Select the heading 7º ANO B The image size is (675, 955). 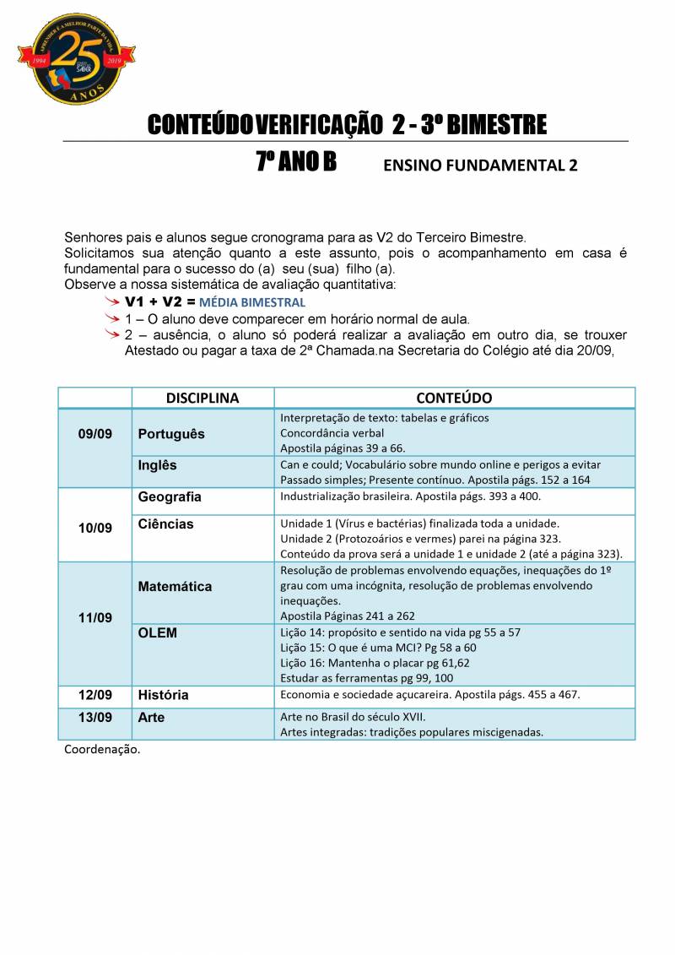pyautogui.click(x=295, y=162)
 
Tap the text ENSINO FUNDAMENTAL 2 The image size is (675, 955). pyautogui.click(x=480, y=165)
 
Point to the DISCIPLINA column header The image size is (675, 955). pyautogui.click(x=202, y=398)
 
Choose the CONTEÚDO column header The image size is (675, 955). pyautogui.click(x=454, y=398)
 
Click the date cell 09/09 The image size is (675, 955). pyautogui.click(x=94, y=434)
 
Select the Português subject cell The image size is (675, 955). pyautogui.click(x=171, y=434)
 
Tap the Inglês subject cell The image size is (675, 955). pyautogui.click(x=157, y=465)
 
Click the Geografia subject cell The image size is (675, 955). pyautogui.click(x=170, y=497)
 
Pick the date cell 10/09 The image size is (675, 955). pyautogui.click(x=94, y=528)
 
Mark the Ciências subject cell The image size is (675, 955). pyautogui.click(x=165, y=524)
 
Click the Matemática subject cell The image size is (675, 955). pyautogui.click(x=175, y=587)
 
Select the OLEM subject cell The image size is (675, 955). pyautogui.click(x=157, y=632)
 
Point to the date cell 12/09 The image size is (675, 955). pyautogui.click(x=94, y=696)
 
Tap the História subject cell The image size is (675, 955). pyautogui.click(x=163, y=696)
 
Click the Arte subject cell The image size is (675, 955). pyautogui.click(x=151, y=718)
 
